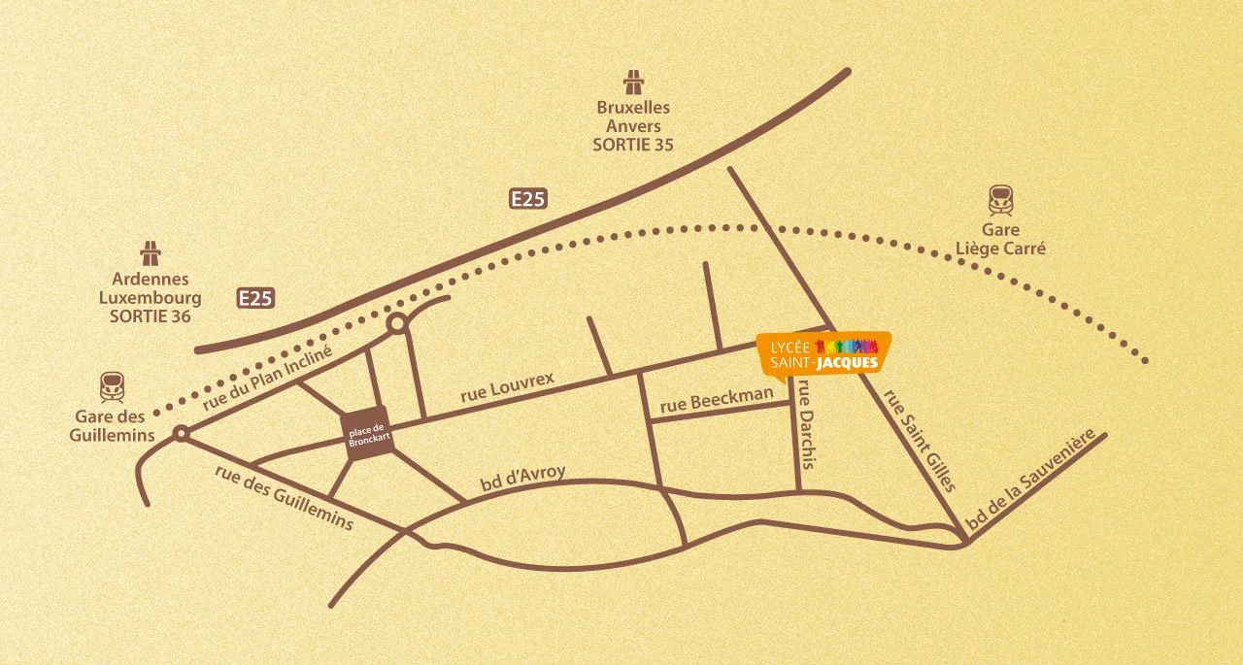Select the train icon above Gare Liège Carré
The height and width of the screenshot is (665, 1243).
coord(1001,201)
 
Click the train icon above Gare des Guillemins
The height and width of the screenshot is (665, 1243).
coord(112,387)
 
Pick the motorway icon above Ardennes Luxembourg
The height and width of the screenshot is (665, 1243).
coord(151,252)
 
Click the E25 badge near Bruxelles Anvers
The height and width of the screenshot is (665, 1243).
coord(529,199)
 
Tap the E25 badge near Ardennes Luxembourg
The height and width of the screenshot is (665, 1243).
coord(255,298)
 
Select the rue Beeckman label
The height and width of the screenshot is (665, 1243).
coord(717,401)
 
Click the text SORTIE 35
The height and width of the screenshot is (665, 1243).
coord(633,145)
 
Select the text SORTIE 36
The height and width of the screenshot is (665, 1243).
coord(151,316)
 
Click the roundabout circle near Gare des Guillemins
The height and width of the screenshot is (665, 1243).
coord(180,434)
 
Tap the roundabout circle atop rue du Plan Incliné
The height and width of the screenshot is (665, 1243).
coord(396,324)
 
